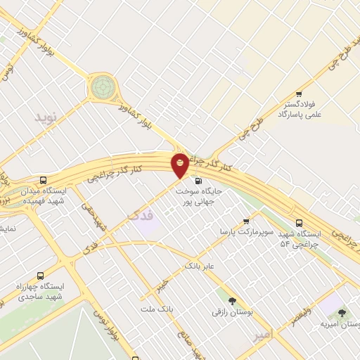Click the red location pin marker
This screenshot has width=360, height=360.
point(180,165)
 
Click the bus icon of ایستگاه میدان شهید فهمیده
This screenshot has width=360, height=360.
point(44,181)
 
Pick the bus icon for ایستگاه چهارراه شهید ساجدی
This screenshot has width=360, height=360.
point(39,276)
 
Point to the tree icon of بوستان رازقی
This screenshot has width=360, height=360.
point(231,301)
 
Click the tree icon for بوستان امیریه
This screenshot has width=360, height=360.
point(342,314)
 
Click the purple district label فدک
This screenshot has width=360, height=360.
point(141,214)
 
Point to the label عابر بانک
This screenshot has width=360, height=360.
point(199,266)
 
